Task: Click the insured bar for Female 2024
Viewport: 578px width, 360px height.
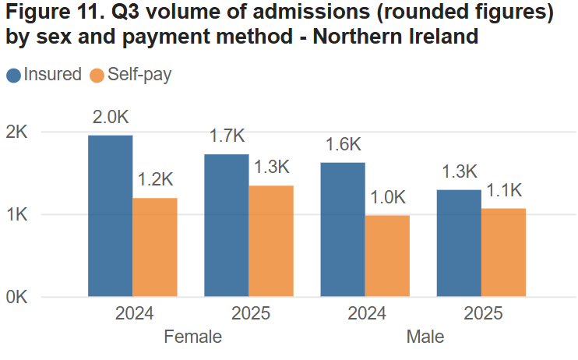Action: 110,216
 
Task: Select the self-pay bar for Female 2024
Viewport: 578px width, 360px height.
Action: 155,247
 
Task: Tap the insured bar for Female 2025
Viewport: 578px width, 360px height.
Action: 227,225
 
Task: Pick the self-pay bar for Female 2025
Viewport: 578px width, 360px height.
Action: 271,241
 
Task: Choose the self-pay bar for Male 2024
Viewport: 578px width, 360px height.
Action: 387,256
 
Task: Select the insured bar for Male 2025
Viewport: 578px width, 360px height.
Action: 459,243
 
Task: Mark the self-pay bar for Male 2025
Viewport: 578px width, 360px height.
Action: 503,252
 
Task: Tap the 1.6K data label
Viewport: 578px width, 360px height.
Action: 343,144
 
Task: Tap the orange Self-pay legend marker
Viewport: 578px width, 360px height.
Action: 97,75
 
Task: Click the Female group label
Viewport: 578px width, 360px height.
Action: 192,337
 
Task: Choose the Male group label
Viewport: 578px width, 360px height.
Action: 425,337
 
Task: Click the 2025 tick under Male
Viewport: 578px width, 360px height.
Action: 483,315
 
